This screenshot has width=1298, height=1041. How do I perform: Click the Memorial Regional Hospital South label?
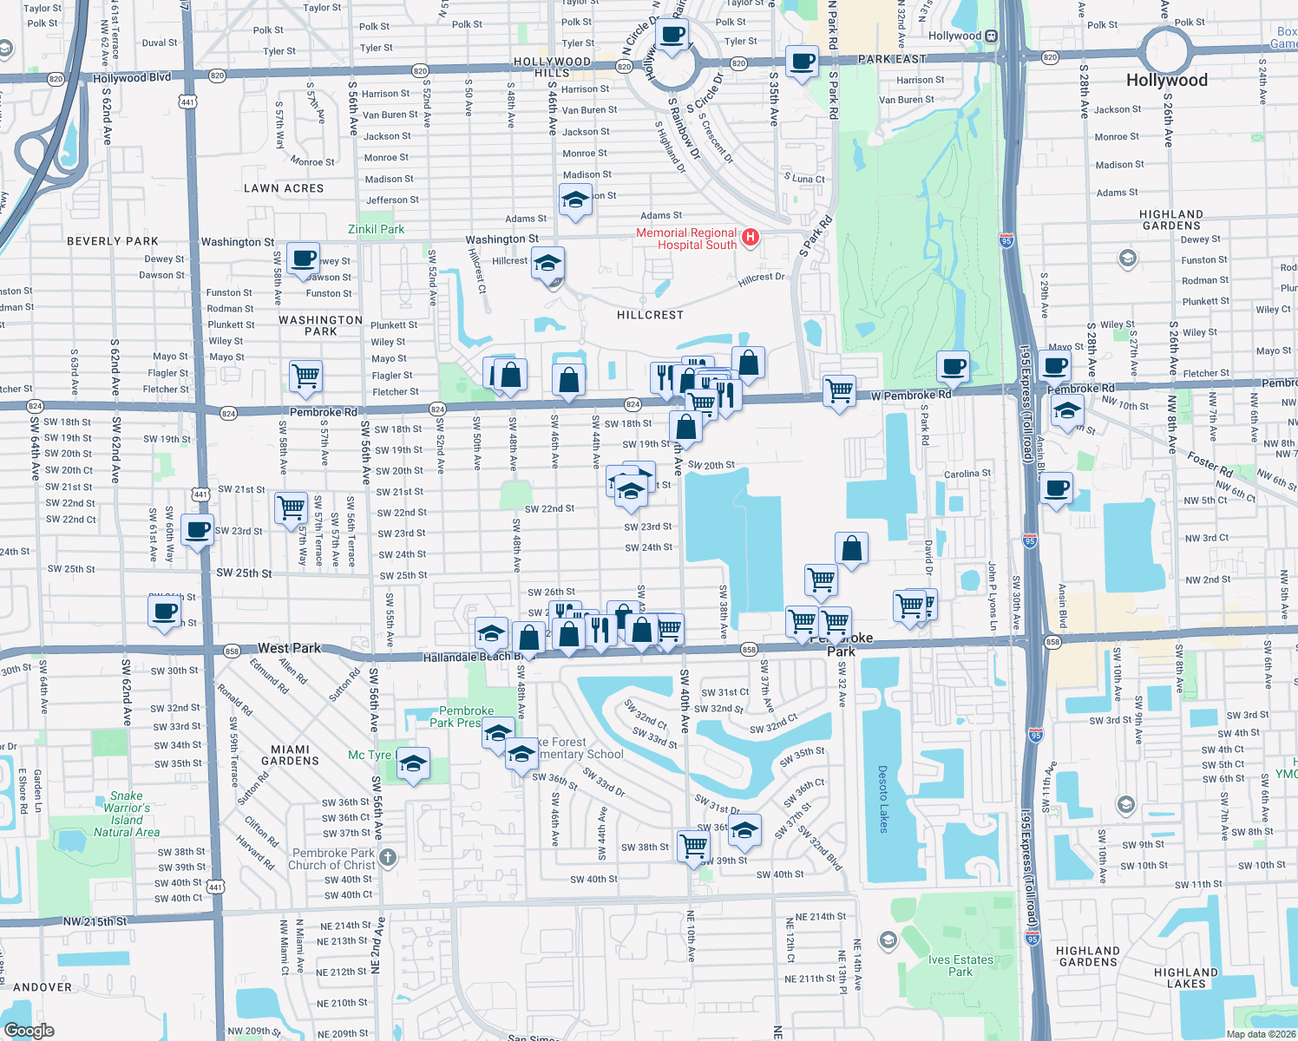[x=686, y=239]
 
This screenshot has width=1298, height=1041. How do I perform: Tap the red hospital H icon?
[x=751, y=237]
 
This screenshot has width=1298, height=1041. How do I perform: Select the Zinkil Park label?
[x=376, y=229]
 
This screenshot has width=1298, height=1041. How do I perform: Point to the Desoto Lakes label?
[x=883, y=799]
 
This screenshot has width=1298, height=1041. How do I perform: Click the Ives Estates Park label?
[x=960, y=966]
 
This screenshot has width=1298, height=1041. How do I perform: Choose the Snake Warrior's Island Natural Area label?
[x=127, y=814]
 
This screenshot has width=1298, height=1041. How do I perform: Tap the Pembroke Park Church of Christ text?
[x=333, y=859]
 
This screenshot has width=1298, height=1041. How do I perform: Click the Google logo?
[x=29, y=1030]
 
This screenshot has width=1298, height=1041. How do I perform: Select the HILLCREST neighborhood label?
[x=650, y=315]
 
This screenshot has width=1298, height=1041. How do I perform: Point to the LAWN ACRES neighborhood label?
[x=284, y=188]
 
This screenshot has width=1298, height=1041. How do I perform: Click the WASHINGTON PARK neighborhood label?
[x=321, y=325]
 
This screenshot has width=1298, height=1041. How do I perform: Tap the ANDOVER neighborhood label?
[x=43, y=987]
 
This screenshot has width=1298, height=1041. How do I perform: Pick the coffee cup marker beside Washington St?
[x=304, y=258]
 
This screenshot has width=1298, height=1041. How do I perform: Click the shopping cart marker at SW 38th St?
[x=693, y=844]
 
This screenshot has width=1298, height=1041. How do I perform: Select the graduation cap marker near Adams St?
[x=575, y=200]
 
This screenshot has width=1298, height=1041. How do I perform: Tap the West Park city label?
[x=289, y=648]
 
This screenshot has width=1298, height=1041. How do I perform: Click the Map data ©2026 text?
[x=1261, y=1034]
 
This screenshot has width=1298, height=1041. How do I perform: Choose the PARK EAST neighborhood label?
[x=892, y=59]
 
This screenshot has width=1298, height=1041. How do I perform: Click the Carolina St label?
[x=967, y=474]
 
